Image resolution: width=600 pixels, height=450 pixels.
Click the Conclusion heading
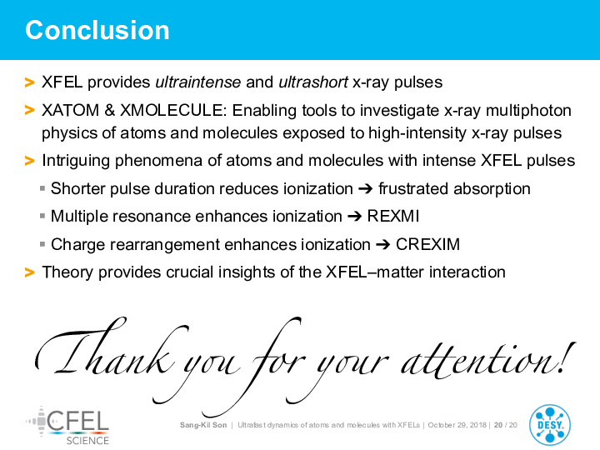point(97,30)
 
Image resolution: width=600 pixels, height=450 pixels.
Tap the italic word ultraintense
point(197,82)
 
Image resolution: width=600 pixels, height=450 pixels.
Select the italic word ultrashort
point(313,82)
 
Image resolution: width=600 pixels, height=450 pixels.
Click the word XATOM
point(70,111)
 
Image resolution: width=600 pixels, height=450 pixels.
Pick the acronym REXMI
point(393,216)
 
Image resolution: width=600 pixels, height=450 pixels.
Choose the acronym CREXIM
point(427,244)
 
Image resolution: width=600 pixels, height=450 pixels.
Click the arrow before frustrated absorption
point(366,189)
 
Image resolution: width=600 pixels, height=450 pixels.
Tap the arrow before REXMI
point(355,217)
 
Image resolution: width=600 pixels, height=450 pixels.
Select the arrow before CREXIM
point(383,245)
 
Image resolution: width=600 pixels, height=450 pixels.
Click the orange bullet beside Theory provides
point(29,272)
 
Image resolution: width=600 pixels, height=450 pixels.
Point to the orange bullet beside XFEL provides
point(29,82)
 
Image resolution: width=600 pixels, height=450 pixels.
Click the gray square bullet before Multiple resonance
point(42,216)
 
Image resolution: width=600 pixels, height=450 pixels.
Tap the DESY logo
point(550,425)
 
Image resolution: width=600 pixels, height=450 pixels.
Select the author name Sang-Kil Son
point(203,425)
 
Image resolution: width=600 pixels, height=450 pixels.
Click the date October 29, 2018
point(457,425)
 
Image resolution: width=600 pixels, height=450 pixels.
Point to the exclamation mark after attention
point(567,358)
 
